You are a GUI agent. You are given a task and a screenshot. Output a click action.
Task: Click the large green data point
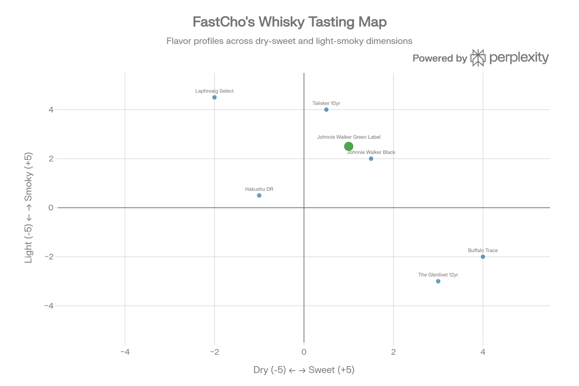click(348, 146)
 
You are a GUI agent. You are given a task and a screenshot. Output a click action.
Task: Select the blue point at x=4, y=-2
click(483, 257)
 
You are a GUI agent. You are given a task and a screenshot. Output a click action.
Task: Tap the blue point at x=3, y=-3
click(438, 281)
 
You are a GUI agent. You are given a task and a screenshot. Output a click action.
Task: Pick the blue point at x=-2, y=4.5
click(214, 97)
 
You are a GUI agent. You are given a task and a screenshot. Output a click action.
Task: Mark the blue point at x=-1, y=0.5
click(259, 195)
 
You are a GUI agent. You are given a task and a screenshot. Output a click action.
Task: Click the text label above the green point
click(348, 136)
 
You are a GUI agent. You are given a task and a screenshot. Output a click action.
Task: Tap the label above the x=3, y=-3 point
click(438, 274)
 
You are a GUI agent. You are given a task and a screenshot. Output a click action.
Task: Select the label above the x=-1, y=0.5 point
click(259, 188)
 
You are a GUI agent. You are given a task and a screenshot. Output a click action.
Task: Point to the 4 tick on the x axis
click(483, 352)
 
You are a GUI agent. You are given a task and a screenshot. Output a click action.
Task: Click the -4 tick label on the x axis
click(125, 352)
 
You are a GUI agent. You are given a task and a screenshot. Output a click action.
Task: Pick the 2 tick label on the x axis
click(393, 352)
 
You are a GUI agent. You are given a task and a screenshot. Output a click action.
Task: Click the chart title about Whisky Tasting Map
click(289, 21)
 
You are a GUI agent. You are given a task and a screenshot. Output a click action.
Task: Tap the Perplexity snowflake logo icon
click(478, 58)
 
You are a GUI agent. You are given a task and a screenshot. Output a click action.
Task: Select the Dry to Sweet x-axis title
click(304, 370)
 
